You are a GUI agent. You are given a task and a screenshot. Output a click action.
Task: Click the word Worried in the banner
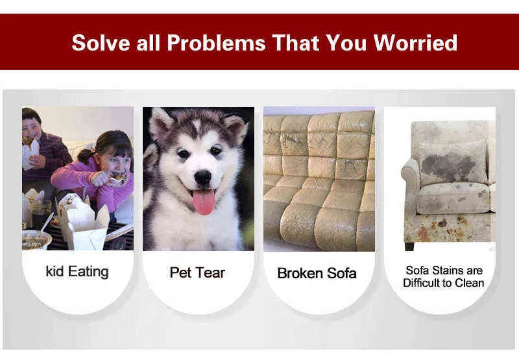point(415,42)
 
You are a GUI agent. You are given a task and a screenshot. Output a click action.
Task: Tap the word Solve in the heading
point(101,42)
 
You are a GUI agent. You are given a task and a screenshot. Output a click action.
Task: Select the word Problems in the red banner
point(216,42)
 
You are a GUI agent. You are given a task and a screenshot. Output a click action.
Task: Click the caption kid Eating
point(77,272)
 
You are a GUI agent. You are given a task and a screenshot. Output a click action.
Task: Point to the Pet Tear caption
point(197,272)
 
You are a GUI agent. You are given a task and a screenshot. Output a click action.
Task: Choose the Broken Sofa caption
point(317,273)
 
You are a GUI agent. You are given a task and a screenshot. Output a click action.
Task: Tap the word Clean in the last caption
point(469,283)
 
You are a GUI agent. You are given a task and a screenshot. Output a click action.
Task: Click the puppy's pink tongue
point(204,202)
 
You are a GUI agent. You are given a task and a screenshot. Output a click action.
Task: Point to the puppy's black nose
point(202,178)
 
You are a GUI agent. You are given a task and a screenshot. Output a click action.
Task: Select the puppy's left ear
point(160,123)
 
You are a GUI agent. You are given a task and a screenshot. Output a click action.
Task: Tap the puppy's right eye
point(215,151)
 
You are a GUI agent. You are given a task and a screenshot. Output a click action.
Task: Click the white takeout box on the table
point(85,226)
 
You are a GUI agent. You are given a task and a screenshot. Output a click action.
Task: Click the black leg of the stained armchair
point(409,246)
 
